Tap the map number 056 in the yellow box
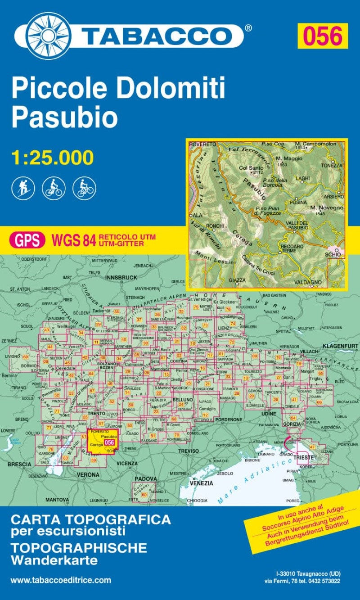click(x=323, y=36)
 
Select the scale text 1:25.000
click(x=53, y=158)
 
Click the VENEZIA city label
click(x=201, y=483)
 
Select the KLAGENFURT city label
click(x=340, y=346)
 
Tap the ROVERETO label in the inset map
click(x=202, y=144)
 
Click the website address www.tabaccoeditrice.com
click(x=60, y=580)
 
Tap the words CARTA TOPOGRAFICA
click(x=90, y=519)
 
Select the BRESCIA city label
click(x=19, y=464)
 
